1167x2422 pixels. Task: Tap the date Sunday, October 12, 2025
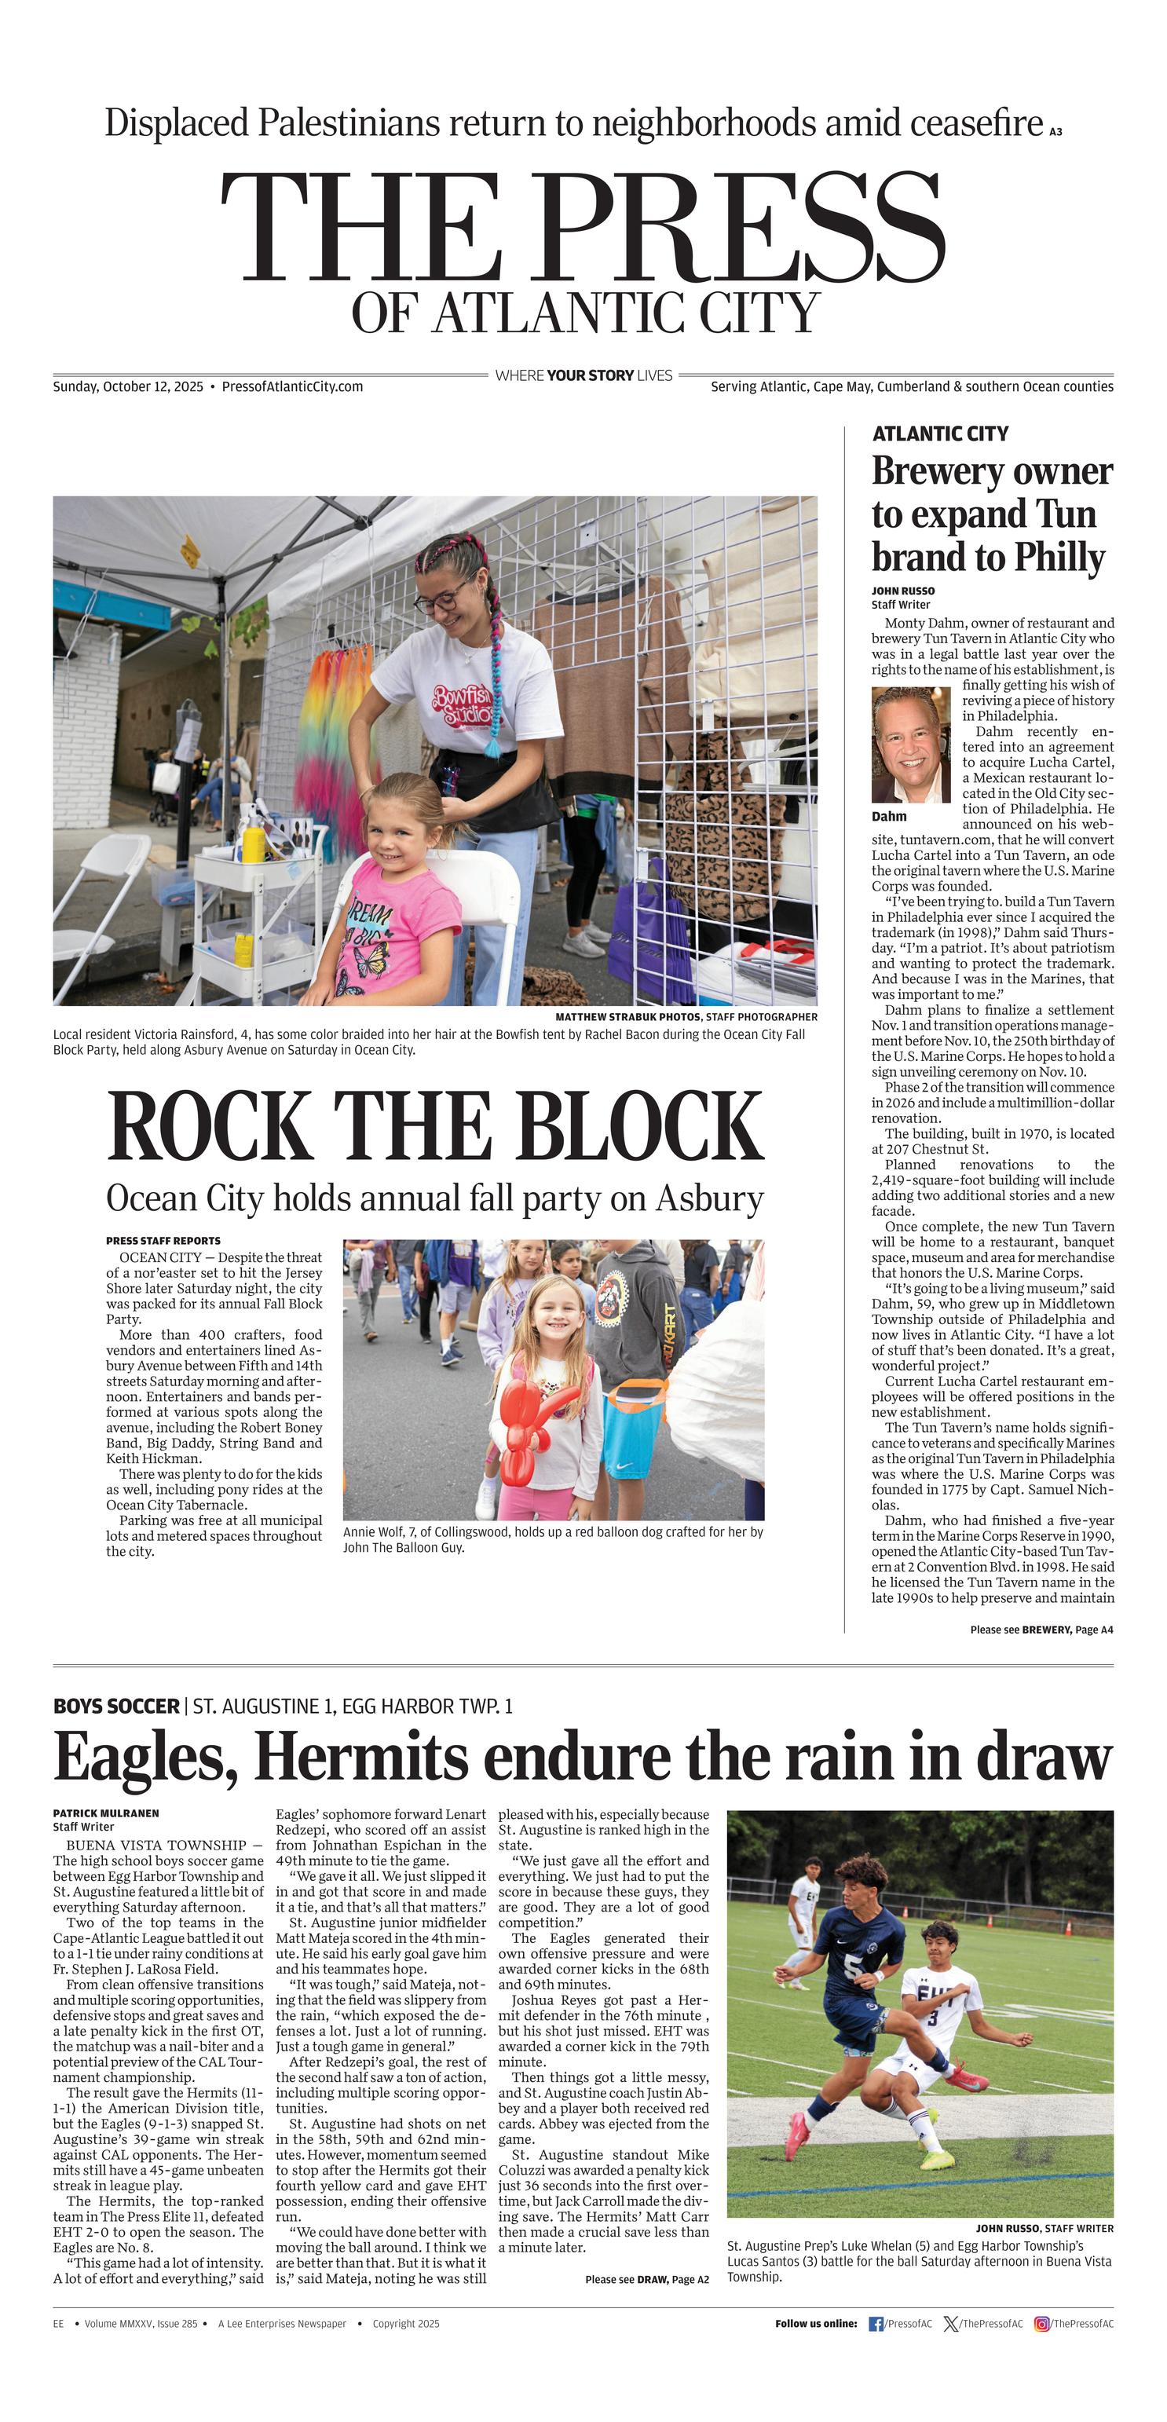128,386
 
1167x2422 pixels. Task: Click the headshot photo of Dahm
910,745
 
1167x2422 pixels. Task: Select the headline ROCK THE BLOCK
435,1126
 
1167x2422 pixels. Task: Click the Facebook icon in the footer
876,2323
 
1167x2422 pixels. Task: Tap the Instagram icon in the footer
1042,2323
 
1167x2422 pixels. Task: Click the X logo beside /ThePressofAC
952,2323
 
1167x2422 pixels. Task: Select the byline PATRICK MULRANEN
105,1813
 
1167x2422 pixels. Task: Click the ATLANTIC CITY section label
939,434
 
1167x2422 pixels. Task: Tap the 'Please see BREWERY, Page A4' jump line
1041,1630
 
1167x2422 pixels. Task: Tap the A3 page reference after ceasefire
1055,132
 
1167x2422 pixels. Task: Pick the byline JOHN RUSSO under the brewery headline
903,591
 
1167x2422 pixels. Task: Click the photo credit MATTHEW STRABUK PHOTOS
627,1016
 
